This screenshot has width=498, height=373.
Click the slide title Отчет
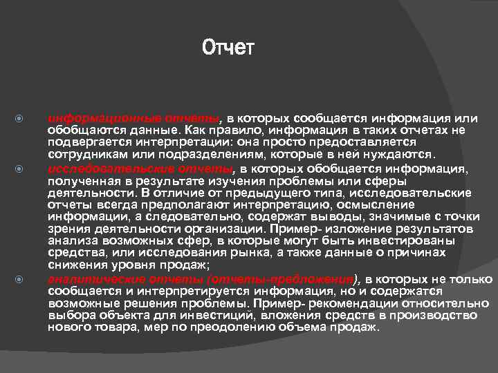click(228, 48)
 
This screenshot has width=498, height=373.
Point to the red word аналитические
click(92, 279)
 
